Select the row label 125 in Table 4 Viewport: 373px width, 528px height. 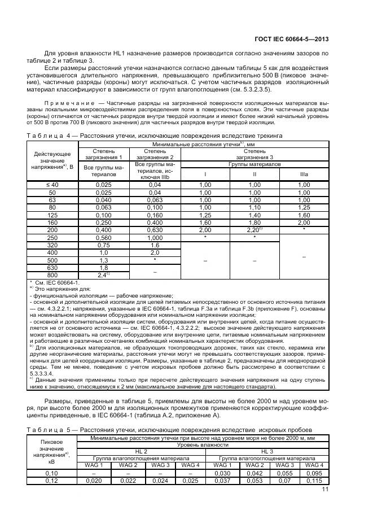point(52,215)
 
